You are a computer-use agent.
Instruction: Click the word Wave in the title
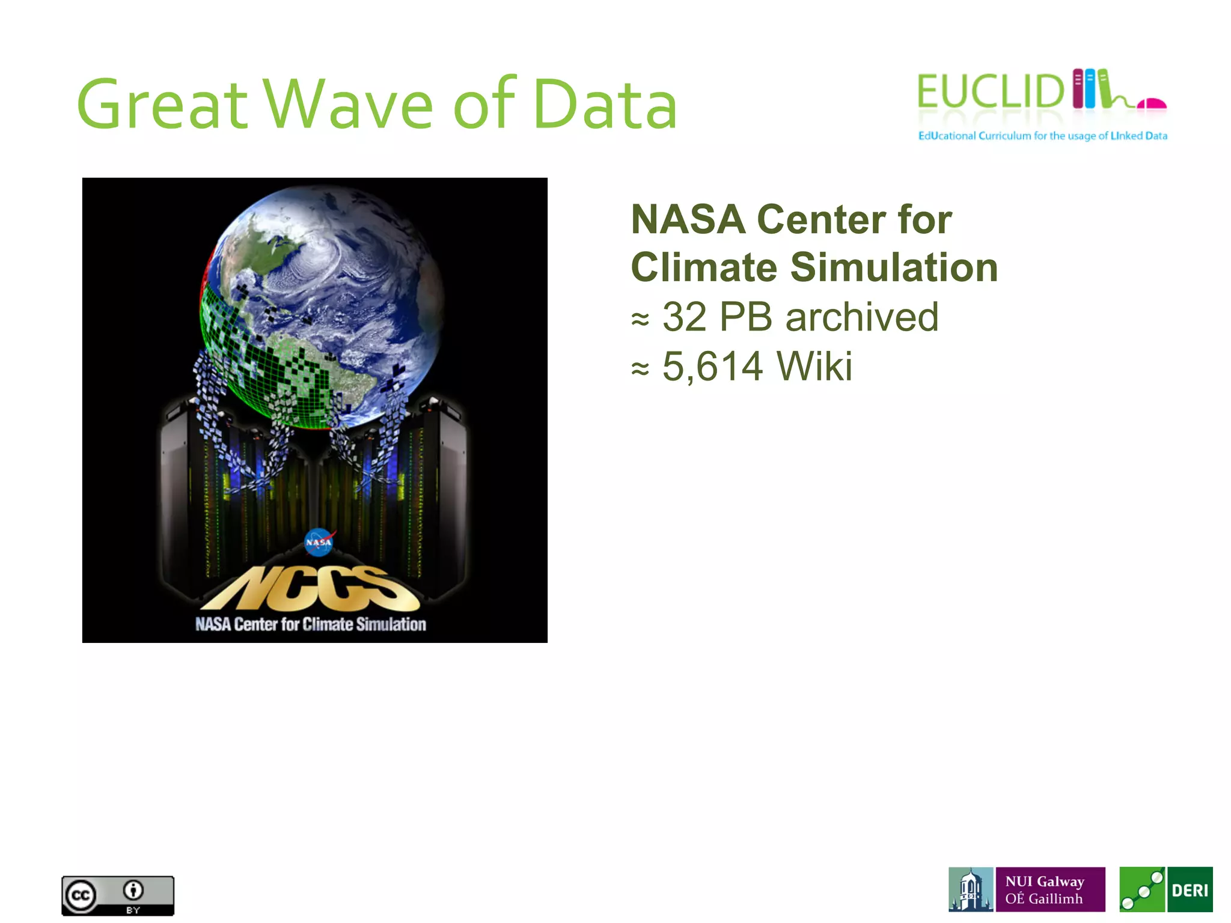[349, 105]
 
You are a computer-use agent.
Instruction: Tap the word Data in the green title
[605, 105]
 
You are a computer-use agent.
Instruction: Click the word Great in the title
[162, 105]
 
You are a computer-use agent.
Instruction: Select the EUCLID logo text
[991, 92]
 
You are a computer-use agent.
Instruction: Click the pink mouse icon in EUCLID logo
[1152, 104]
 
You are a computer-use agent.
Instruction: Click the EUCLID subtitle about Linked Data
[1042, 136]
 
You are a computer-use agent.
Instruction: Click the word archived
[861, 317]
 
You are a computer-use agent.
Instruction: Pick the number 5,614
[712, 366]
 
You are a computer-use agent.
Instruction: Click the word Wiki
[814, 366]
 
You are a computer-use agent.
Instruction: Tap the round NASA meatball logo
[319, 542]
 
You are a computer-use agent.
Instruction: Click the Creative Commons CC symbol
[81, 895]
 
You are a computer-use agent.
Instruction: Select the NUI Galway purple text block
[1049, 889]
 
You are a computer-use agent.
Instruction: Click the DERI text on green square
[1189, 890]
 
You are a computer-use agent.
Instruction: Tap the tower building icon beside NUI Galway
[970, 889]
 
